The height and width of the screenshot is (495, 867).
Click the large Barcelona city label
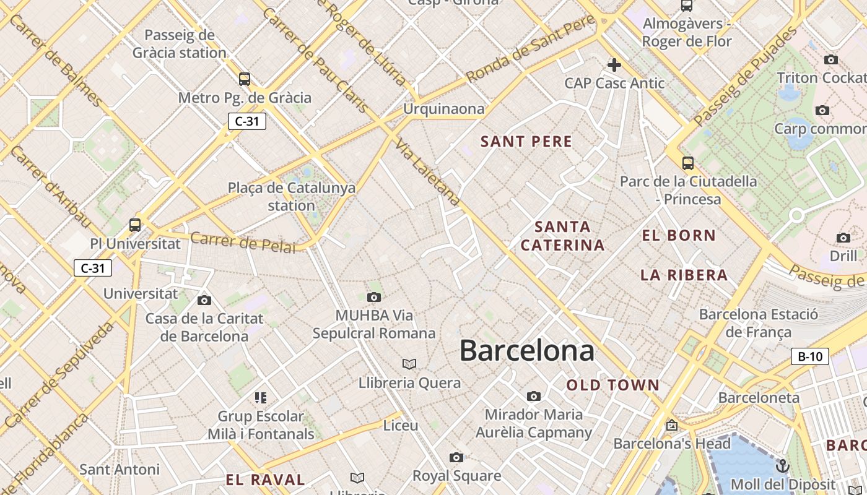(526, 350)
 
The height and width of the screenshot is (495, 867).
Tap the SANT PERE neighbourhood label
(526, 142)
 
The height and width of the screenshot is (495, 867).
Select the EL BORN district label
(679, 235)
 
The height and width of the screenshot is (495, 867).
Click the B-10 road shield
(810, 356)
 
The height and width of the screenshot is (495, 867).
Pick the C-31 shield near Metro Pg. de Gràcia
(247, 121)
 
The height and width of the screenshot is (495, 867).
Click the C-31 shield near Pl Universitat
(93, 268)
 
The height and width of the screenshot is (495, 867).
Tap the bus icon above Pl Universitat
(135, 225)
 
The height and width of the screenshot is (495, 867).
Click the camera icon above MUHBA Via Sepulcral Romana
(374, 297)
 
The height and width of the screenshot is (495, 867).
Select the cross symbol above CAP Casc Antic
(614, 65)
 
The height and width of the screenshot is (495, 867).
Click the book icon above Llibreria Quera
(409, 364)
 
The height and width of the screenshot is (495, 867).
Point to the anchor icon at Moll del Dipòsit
(783, 465)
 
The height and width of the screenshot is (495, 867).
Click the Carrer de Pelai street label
(243, 242)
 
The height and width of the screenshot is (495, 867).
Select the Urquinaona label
(443, 109)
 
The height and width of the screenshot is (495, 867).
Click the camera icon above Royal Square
(456, 457)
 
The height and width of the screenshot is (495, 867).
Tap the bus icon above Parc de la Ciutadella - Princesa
(688, 163)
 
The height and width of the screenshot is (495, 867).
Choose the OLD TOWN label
(613, 385)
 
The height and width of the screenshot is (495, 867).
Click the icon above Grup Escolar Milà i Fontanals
(261, 397)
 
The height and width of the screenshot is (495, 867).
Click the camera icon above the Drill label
(843, 238)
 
